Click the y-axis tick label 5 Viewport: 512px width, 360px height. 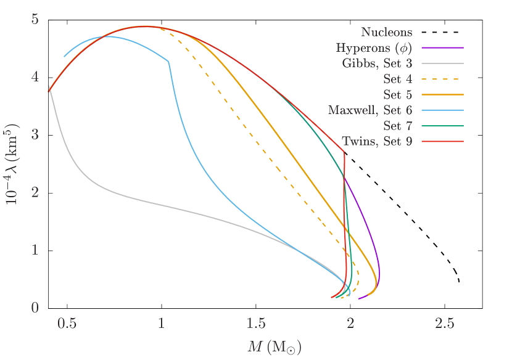(x=35, y=19)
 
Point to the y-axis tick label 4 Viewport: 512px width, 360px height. (x=35, y=77)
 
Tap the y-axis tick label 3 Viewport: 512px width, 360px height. (x=35, y=134)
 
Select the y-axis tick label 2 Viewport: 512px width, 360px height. (x=35, y=192)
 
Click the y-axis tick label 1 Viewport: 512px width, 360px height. (x=35, y=250)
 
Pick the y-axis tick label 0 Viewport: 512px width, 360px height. (x=35, y=308)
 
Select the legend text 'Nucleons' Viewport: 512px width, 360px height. (x=387, y=32)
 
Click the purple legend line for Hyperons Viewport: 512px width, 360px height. (x=442, y=47)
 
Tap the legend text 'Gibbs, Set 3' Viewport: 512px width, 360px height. (x=377, y=63)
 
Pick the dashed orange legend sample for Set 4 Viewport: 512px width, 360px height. (x=442, y=80)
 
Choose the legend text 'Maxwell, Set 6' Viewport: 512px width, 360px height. (x=370, y=110)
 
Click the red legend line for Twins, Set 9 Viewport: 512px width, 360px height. (x=442, y=142)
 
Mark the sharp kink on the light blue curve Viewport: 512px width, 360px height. (x=169, y=60)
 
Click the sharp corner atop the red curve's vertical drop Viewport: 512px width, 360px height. (x=344, y=152)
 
